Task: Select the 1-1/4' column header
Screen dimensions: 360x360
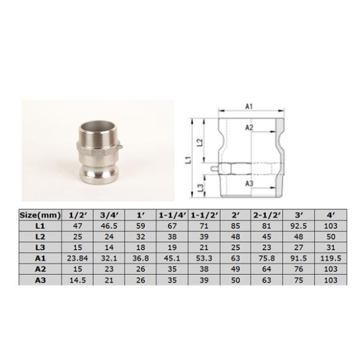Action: [x=172, y=214]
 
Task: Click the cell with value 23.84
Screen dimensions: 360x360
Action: [x=77, y=259]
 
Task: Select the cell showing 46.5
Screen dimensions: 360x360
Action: [x=109, y=226]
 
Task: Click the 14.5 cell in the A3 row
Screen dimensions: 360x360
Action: [x=77, y=280]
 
